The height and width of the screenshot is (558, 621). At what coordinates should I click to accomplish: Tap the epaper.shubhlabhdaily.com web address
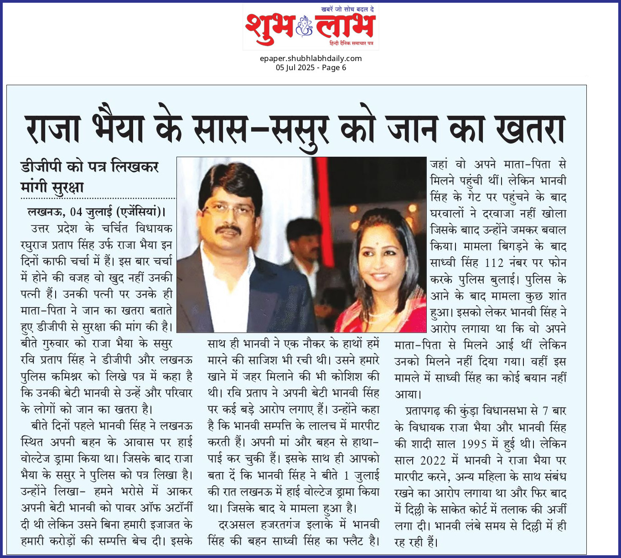coord(310,58)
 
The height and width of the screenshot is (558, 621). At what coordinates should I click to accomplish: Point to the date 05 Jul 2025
coord(295,67)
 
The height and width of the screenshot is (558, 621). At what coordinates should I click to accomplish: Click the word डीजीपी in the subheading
coord(41,167)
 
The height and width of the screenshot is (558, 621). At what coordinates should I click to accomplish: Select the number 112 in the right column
coord(494,263)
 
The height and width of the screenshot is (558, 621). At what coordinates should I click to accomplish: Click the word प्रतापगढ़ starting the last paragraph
coord(423,411)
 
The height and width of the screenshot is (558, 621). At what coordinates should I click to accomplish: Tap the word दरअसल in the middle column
coord(237,525)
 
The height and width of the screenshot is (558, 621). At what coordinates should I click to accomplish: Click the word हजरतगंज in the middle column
coord(280,525)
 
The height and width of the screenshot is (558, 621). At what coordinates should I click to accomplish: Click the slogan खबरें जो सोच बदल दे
coord(347,9)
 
